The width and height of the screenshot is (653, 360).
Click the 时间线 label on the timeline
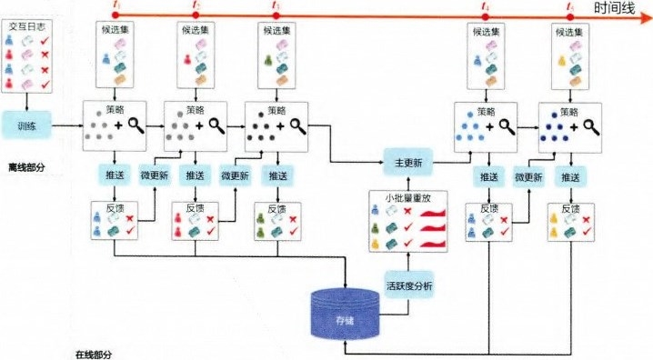click(621, 9)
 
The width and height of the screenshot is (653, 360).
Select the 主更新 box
click(406, 164)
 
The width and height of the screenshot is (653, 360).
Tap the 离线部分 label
click(27, 166)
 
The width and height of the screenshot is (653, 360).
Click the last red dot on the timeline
click(569, 15)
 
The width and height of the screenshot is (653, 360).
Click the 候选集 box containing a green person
click(276, 56)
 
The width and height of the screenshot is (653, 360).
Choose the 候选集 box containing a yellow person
click(570, 56)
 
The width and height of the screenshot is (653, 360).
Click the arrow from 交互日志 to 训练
click(27, 97)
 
